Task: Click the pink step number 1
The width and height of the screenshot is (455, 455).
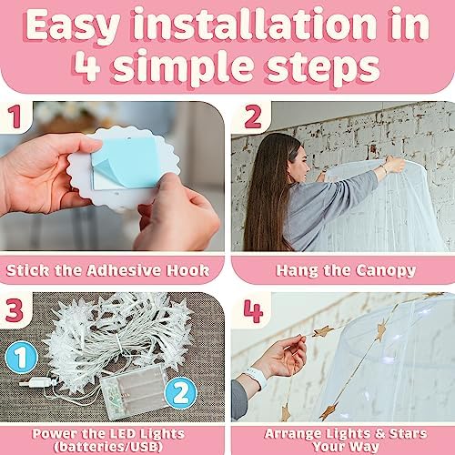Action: (15, 116)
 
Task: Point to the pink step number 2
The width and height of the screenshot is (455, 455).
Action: (253, 116)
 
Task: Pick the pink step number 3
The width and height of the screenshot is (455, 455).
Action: (14, 310)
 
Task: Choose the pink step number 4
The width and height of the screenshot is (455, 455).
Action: (253, 311)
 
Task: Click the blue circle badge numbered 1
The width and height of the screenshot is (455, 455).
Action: (21, 357)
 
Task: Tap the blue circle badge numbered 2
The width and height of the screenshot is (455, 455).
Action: (180, 393)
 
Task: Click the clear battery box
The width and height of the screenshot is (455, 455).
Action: (134, 391)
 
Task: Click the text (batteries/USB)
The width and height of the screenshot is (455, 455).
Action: (108, 447)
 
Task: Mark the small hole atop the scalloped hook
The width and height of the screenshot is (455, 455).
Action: (129, 139)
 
